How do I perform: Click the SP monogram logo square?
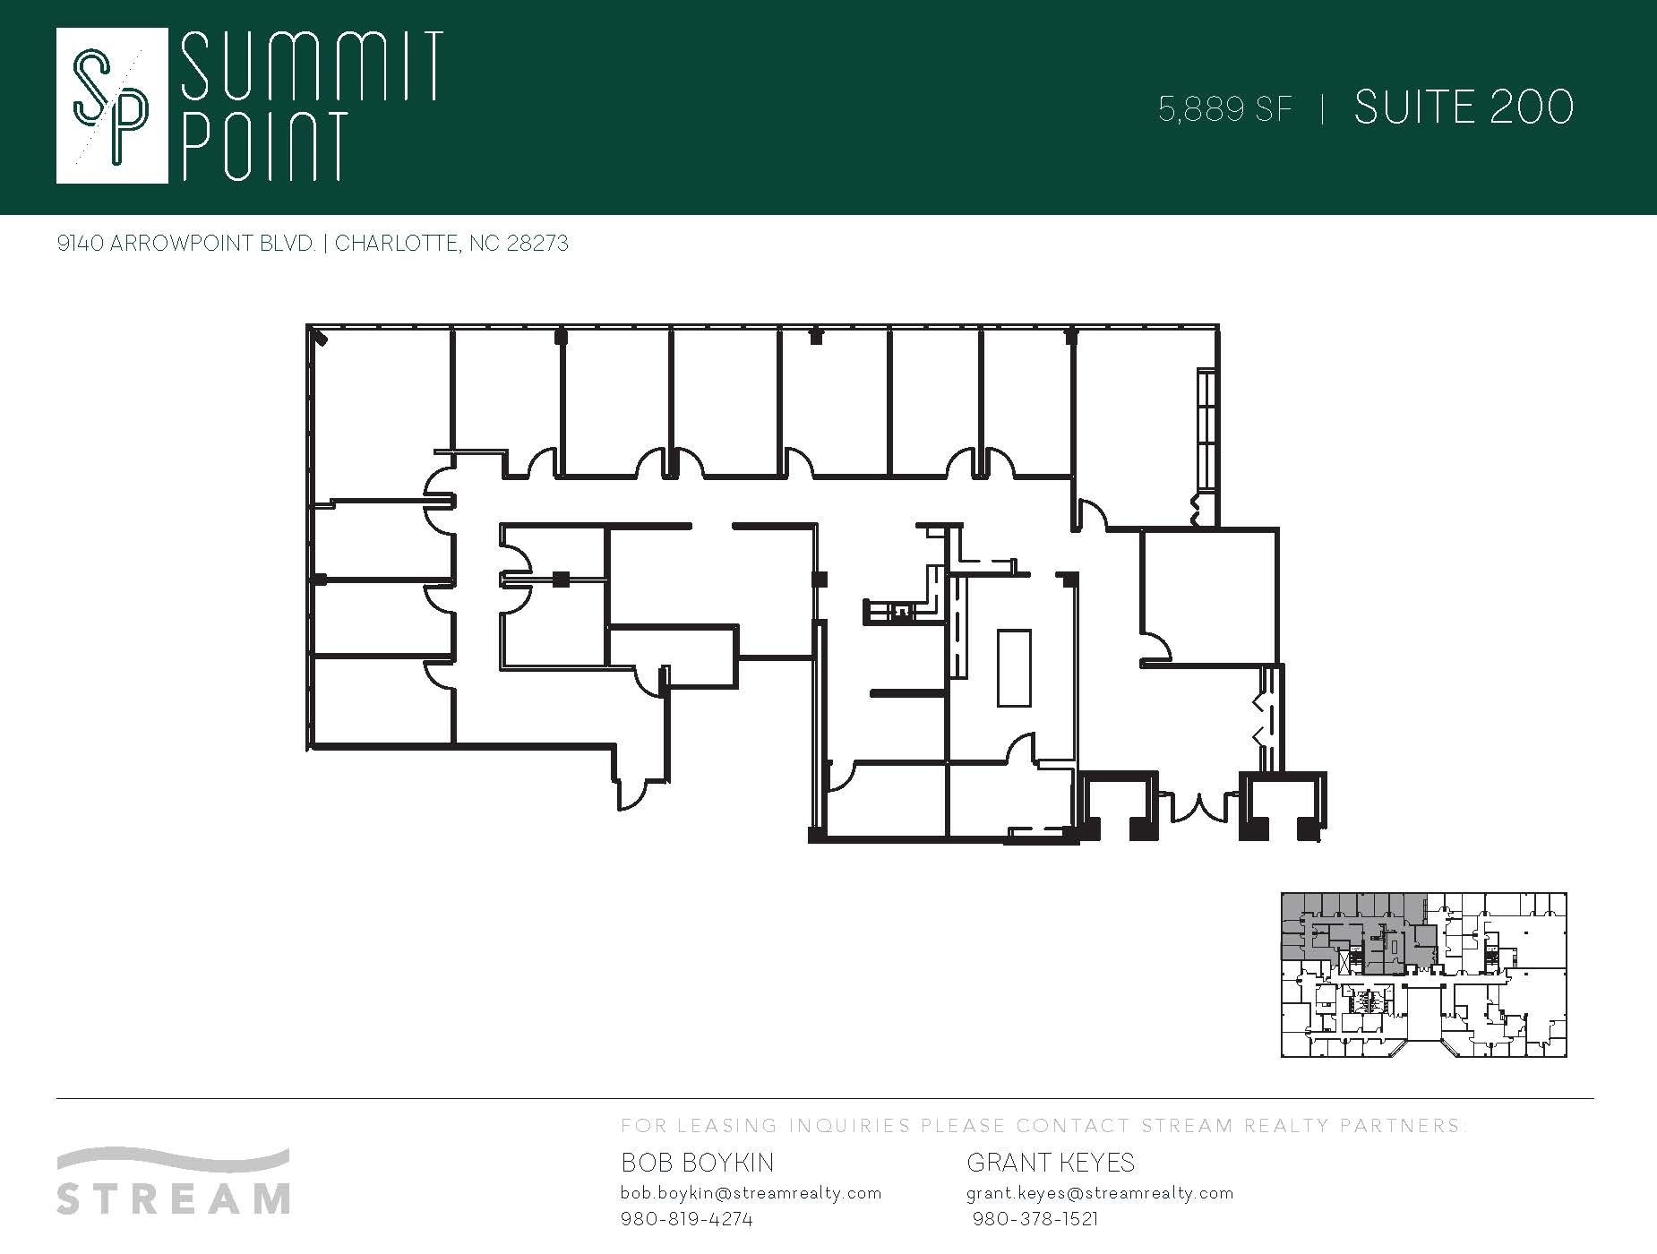coord(112,106)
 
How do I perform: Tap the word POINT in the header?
coord(265,146)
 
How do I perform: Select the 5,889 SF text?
coord(1225,109)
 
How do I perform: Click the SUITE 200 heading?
coord(1464,108)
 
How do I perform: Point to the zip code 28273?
coord(537,244)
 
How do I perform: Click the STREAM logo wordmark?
coord(174,1197)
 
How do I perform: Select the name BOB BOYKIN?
coord(698,1163)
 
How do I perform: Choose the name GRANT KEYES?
coord(1051,1163)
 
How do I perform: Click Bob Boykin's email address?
coord(751,1193)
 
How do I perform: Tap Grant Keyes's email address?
coord(1100,1193)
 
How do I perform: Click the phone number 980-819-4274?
coord(686,1219)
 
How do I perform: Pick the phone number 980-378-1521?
coord(1035,1219)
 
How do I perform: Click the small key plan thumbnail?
coord(1423,975)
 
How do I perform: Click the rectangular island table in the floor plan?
coord(1014,668)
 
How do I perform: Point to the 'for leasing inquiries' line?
coord(1044,1126)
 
